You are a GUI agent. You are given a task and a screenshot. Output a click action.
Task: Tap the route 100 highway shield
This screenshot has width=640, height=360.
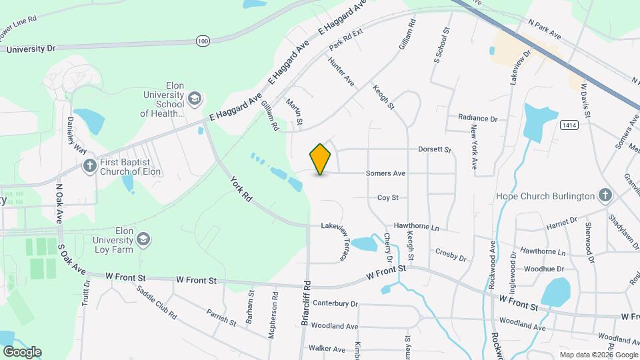pos(203,41)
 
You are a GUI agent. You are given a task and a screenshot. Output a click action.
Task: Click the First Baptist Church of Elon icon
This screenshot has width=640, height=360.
pos(89,165)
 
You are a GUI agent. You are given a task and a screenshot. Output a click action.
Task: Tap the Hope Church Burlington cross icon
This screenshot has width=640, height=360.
pos(605,196)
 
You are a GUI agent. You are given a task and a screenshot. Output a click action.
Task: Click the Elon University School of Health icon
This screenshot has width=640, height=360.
pos(194,99)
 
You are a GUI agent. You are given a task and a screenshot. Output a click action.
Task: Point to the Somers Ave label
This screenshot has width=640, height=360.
pos(385,173)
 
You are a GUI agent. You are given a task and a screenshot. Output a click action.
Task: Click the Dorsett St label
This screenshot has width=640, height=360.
pos(435,150)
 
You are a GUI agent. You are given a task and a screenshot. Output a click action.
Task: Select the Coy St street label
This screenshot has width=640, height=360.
pos(387,197)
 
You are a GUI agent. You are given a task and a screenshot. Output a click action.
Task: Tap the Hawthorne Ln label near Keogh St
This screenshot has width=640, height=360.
pos(417,227)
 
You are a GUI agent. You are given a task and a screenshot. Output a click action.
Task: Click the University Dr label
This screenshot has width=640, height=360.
pos(31,49)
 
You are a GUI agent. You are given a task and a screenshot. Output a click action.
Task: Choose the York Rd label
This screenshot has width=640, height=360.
pos(241,189)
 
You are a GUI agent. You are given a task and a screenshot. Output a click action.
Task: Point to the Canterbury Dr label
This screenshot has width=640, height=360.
pos(335,303)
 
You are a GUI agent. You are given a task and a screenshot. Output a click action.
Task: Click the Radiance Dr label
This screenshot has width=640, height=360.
pos(477,118)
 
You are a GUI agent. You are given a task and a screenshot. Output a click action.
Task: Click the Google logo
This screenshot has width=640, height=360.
pos(22,352)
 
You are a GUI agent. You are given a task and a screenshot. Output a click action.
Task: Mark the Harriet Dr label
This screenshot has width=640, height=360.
pos(563,221)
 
